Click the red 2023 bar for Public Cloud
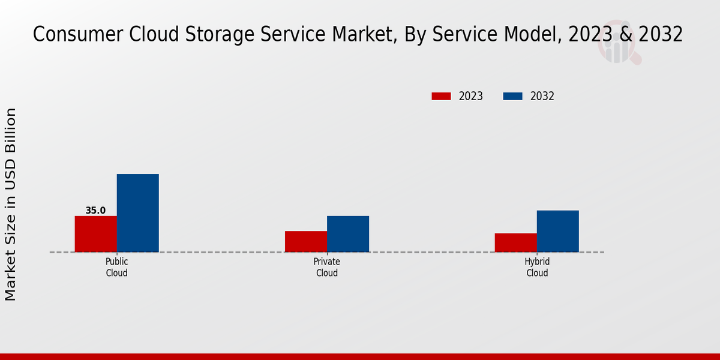[x=95, y=233]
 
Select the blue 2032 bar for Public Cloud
[x=137, y=212]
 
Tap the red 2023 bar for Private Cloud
[x=305, y=241]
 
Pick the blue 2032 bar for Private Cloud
[x=347, y=233]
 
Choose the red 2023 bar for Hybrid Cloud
[x=515, y=242]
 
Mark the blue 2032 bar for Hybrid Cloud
[x=557, y=230]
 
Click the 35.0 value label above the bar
[x=95, y=211]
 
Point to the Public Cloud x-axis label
[x=116, y=267]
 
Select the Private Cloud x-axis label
[x=326, y=267]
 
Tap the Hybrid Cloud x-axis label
[x=536, y=267]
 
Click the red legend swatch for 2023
[x=441, y=96]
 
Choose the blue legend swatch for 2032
[x=512, y=96]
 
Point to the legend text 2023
[x=470, y=96]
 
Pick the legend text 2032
[x=542, y=96]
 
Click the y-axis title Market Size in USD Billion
[x=11, y=204]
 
